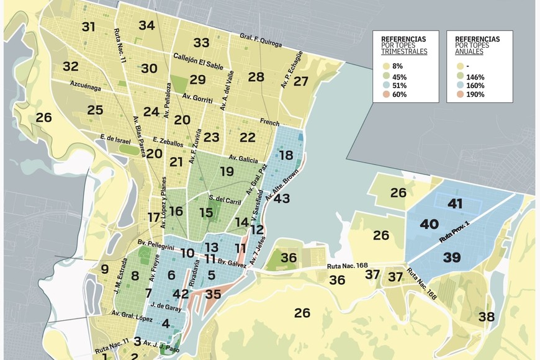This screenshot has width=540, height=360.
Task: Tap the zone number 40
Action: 429,224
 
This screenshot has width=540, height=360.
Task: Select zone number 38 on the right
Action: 487,317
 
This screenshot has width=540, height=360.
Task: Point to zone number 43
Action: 282,199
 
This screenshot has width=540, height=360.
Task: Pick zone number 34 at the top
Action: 146,25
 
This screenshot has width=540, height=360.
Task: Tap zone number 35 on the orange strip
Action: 213,294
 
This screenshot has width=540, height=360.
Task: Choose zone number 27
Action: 301,81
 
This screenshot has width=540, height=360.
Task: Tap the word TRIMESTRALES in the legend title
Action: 404,52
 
